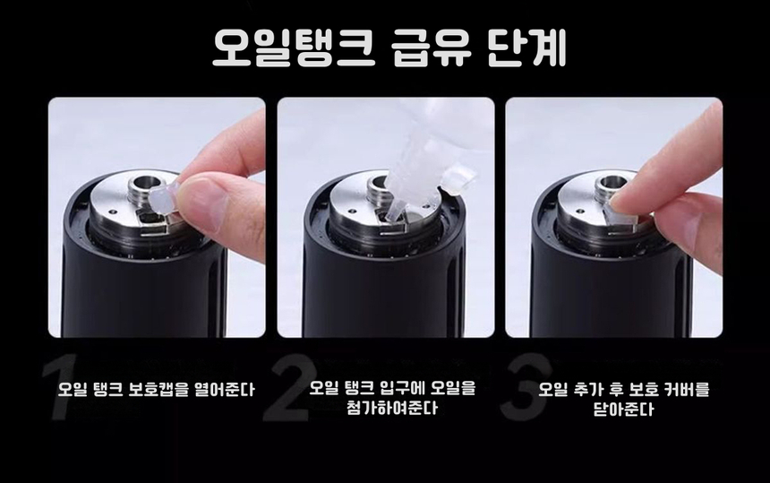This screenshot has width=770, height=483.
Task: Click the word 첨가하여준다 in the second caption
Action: [x=385, y=410]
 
